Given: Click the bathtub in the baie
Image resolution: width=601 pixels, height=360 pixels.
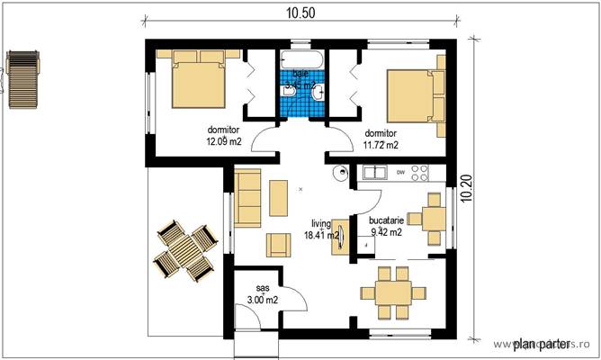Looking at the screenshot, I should click(300, 62).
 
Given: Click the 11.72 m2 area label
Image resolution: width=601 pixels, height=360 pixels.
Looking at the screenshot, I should click(381, 143).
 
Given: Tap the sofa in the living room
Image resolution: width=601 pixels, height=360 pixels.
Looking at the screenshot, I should click(248, 199).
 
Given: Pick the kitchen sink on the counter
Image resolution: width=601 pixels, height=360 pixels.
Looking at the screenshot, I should click(373, 171).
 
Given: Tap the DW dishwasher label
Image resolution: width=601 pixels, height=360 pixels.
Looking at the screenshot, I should click(400, 171).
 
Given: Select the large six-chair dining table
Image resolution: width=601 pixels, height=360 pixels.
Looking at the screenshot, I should click(394, 292).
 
